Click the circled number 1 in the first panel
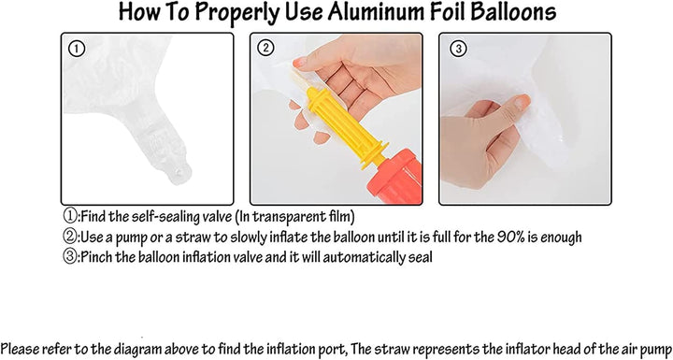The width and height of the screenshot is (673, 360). pos(77,49)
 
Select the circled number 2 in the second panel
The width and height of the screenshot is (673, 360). pos(265,49)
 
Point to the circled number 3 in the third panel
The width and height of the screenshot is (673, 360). pos(458,49)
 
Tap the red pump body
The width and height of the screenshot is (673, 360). pos(398,177)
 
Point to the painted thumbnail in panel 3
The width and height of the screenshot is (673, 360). pos(523,101)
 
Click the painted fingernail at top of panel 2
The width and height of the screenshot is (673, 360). pos(300,63)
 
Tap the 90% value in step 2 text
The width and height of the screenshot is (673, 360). pos(510,237)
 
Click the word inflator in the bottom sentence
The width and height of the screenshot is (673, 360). pos(531,348)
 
